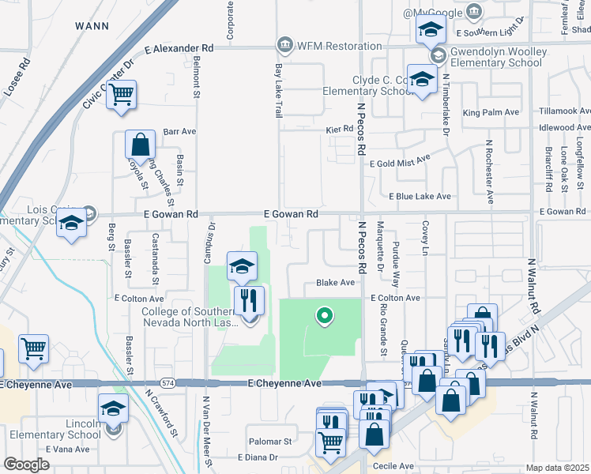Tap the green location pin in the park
pos(323,317)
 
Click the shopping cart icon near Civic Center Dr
pos(122,96)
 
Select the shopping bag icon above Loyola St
pos(140,145)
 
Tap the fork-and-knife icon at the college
pos(249,300)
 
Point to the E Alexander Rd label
pos(179,48)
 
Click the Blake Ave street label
pos(335,282)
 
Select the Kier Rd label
pos(337,129)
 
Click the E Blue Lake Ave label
pos(419,196)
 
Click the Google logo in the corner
pos(26,465)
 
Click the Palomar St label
pos(271,442)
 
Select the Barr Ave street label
pos(179,131)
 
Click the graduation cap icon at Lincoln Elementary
pos(113,409)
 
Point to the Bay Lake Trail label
pos(278,92)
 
